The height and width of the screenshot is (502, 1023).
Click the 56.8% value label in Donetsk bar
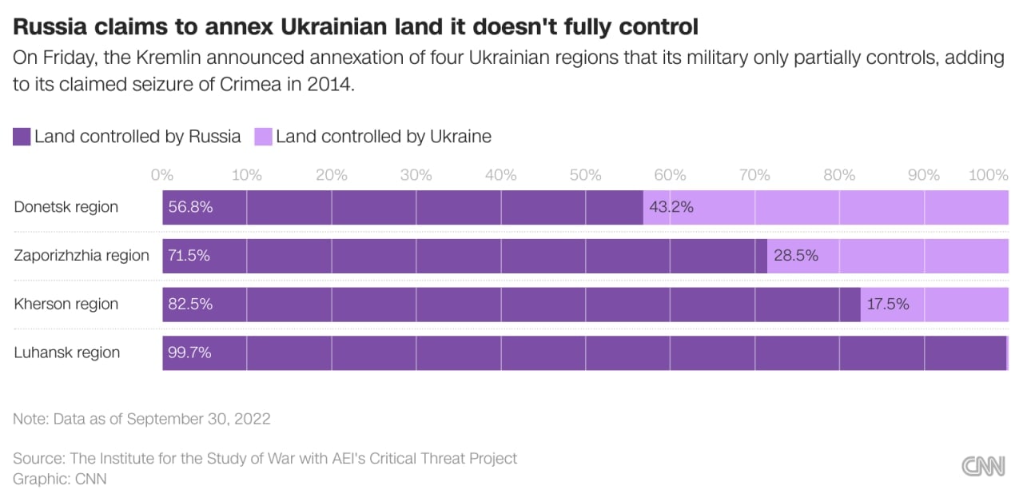190,207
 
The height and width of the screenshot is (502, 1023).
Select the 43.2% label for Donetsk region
671,207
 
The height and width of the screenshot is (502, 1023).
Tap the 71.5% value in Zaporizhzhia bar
190,256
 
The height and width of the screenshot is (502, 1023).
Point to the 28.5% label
795,256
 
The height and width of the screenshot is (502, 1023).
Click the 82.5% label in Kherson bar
190,304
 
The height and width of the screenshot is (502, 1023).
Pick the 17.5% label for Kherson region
889,304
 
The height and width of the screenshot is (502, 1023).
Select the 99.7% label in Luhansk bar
190,353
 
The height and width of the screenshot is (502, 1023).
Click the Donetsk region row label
66,207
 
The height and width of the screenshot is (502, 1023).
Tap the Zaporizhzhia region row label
82,256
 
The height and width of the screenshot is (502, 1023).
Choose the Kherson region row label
66,304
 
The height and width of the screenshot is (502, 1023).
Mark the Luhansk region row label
67,353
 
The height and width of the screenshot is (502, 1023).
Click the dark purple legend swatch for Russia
22,137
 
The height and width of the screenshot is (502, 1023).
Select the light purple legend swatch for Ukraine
263,137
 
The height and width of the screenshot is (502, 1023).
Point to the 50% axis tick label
585,175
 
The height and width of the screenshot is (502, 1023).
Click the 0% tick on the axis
162,175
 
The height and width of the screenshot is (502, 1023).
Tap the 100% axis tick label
988,175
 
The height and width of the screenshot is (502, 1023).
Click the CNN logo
983,467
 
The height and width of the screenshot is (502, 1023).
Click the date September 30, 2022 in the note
198,419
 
